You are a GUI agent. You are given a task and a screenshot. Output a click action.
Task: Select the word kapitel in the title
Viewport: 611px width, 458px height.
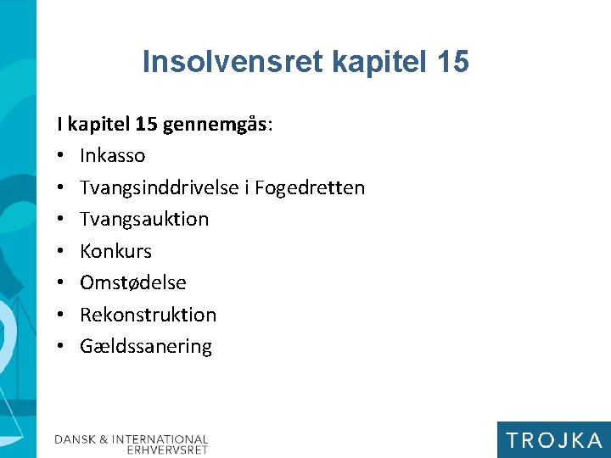click(x=374, y=62)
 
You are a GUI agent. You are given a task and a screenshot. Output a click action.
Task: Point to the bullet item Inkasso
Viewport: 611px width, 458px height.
click(x=113, y=156)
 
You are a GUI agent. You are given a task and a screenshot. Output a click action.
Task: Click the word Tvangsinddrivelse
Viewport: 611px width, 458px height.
click(x=160, y=187)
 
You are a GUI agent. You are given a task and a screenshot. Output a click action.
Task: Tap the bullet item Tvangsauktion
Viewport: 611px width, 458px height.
click(x=144, y=219)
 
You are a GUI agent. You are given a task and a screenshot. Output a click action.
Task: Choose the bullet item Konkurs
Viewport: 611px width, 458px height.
click(x=115, y=251)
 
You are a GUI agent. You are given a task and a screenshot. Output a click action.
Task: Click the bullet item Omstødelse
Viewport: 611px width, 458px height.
click(x=133, y=282)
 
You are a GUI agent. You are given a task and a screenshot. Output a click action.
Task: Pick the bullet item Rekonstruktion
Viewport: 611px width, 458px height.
click(x=149, y=315)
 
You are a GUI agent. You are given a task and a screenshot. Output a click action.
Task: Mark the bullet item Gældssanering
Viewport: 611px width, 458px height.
click(x=146, y=346)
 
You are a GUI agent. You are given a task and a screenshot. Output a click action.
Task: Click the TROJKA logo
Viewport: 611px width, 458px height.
click(x=553, y=439)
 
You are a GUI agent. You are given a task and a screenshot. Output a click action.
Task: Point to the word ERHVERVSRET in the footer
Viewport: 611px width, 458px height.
click(x=167, y=450)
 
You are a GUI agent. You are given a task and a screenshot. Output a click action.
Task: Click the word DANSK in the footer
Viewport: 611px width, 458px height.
click(x=76, y=439)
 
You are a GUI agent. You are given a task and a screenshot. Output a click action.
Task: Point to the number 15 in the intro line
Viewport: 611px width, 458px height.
click(x=144, y=125)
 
